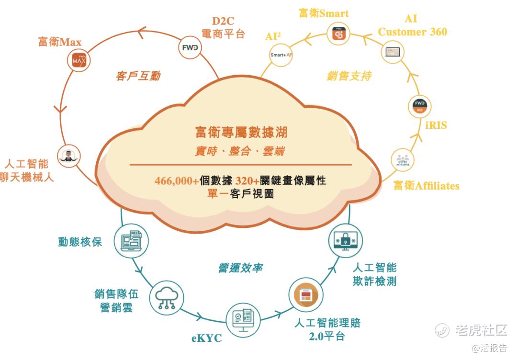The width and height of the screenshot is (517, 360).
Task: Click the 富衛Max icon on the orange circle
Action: pos(79,61)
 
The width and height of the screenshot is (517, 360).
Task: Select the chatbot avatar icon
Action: pos(69,157)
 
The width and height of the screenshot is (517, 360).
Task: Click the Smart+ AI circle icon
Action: pos(281,55)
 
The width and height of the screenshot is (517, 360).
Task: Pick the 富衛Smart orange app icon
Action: pos(339,34)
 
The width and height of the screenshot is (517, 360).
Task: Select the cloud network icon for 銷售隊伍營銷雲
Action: pos(167,298)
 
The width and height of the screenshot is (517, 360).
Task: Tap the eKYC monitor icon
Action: pos(243,319)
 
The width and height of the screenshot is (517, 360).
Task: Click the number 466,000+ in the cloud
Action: pos(176,181)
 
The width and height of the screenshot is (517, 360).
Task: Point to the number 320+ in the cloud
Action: pos(247,181)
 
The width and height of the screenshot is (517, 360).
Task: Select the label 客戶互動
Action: pos(138,76)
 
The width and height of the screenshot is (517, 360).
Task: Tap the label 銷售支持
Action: pos(349,76)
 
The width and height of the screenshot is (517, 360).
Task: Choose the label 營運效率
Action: pos(240,268)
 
